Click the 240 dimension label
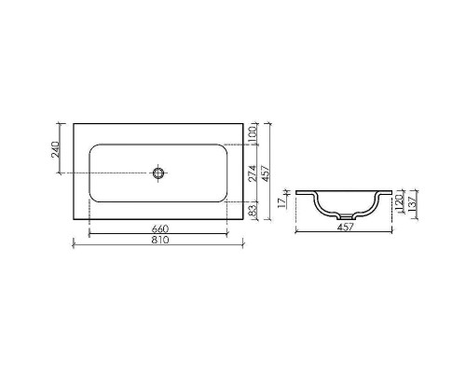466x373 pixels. click(x=56, y=148)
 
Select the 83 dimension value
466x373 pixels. click(x=252, y=213)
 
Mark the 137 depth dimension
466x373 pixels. click(x=411, y=205)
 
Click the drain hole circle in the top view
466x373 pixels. click(x=159, y=173)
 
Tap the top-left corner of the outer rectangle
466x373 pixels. click(x=73, y=122)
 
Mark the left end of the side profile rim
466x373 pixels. click(x=296, y=192)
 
